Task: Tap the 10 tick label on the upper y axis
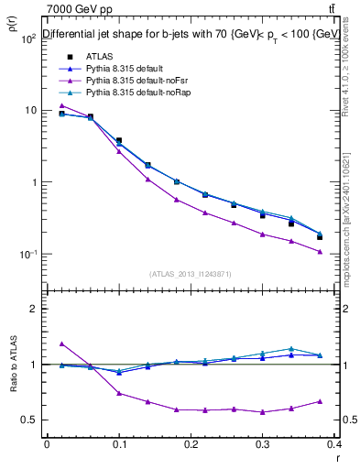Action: click(x=29, y=110)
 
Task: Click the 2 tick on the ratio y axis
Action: click(x=34, y=309)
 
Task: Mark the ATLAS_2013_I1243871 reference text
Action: click(x=190, y=274)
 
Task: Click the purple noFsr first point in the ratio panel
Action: click(x=61, y=344)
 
